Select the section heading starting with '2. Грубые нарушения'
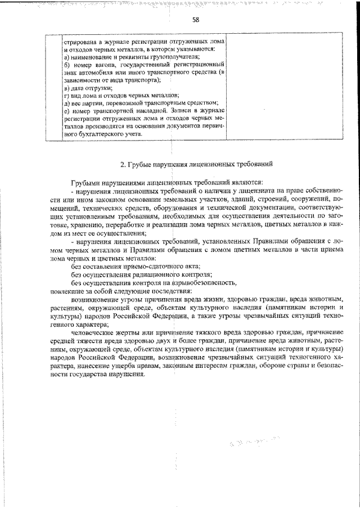coord(197,164)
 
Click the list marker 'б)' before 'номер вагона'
coord(65,66)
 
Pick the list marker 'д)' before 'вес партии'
coord(65,104)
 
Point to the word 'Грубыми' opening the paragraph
coord(85,183)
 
